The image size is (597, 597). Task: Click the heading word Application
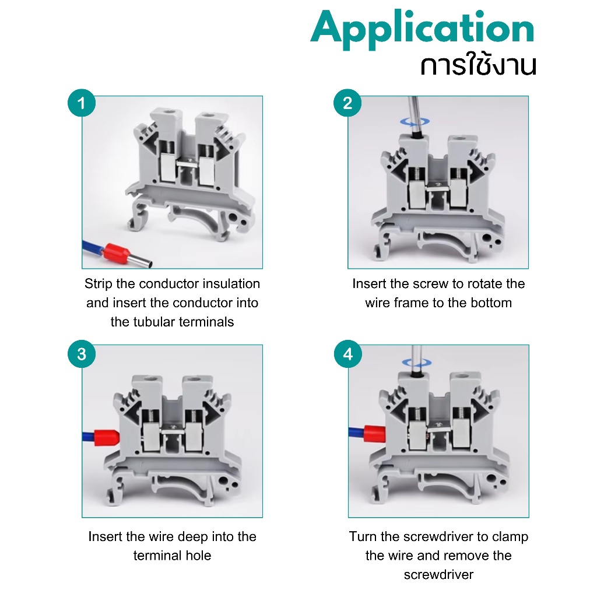coord(423,29)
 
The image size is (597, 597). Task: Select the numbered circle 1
coord(82,103)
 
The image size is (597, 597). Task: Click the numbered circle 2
coord(347,103)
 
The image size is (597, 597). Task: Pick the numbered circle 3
coord(82,354)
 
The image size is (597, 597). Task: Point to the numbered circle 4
coord(347,354)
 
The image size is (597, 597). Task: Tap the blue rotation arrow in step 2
coord(415,122)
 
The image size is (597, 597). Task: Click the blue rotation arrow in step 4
coord(417,363)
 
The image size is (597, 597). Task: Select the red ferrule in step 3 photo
coord(107,438)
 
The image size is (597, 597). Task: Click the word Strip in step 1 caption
coord(99,284)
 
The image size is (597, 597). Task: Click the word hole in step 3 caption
coord(198,556)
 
